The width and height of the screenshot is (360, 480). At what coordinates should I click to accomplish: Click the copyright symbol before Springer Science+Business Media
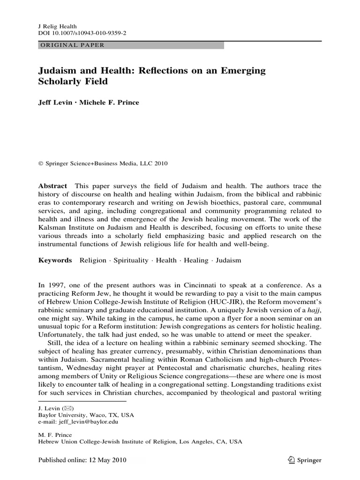click(40, 164)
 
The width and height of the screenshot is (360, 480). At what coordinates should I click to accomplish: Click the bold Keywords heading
click(55, 260)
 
